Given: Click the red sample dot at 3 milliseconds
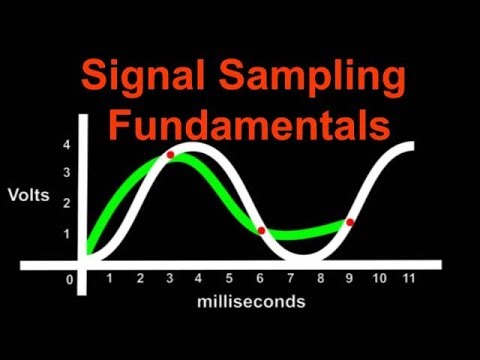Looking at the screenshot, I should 170,155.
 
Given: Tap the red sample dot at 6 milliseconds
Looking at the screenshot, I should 261,231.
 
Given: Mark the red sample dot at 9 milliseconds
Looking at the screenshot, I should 349,222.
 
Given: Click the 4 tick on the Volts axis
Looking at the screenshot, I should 66,144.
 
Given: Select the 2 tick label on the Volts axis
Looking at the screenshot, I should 66,204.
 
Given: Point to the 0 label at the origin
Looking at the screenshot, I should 70,280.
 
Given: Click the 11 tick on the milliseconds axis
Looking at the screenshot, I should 408,279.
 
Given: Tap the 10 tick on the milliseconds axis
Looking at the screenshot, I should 378,279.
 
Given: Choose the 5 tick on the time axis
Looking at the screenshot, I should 229,279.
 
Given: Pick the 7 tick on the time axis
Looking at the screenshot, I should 290,279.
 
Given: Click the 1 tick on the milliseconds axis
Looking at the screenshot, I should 109,279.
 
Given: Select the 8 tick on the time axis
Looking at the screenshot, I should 320,279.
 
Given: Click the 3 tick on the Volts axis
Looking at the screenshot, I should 66,173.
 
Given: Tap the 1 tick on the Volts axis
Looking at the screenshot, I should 66,235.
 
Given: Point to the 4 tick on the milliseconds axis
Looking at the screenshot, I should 199,279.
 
